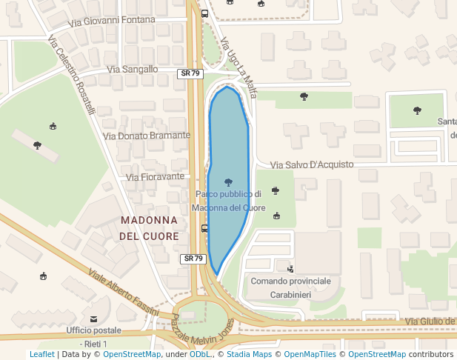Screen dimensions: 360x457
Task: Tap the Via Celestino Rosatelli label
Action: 72,76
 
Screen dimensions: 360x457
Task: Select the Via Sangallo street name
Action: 133,69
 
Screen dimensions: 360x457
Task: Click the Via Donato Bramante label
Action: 147,136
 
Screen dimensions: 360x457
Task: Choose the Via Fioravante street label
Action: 155,177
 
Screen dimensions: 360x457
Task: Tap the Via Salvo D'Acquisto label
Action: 312,164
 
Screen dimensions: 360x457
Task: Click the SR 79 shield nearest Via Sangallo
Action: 191,73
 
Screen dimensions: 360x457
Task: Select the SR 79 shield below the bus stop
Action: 193,259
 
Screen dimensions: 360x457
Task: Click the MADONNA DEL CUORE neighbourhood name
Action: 149,228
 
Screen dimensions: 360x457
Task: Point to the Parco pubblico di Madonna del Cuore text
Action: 229,201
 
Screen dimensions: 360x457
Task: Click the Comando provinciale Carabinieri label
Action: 290,287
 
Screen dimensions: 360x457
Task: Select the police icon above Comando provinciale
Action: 290,268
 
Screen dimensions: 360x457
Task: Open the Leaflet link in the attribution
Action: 41,354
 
